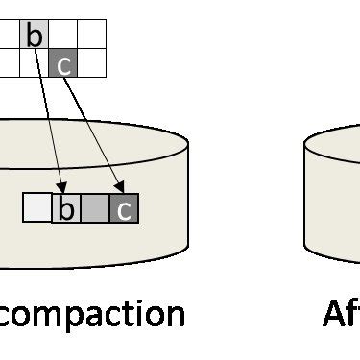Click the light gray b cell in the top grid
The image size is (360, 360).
34,35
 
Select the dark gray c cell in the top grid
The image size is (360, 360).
62,62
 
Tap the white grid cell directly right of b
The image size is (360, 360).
62,35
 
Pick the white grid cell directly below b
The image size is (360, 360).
34,62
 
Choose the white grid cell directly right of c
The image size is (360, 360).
91,62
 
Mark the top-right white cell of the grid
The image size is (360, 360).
91,35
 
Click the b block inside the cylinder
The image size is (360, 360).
66,207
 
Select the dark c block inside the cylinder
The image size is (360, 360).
124,207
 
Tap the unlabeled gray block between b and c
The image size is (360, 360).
95,207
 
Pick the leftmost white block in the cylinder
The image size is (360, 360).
37,207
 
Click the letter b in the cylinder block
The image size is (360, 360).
66,207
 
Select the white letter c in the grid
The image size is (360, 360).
63,64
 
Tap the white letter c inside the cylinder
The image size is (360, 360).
124,208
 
